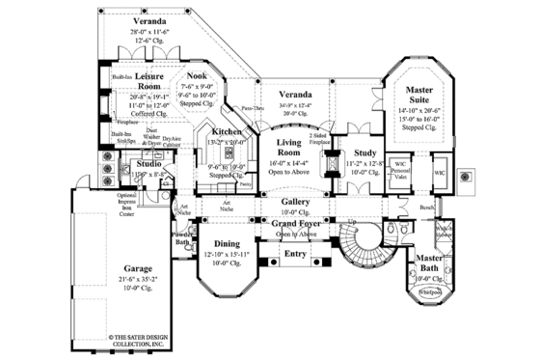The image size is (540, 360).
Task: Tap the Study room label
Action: tap(364, 152)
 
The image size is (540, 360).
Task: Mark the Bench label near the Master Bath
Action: tap(425, 207)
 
